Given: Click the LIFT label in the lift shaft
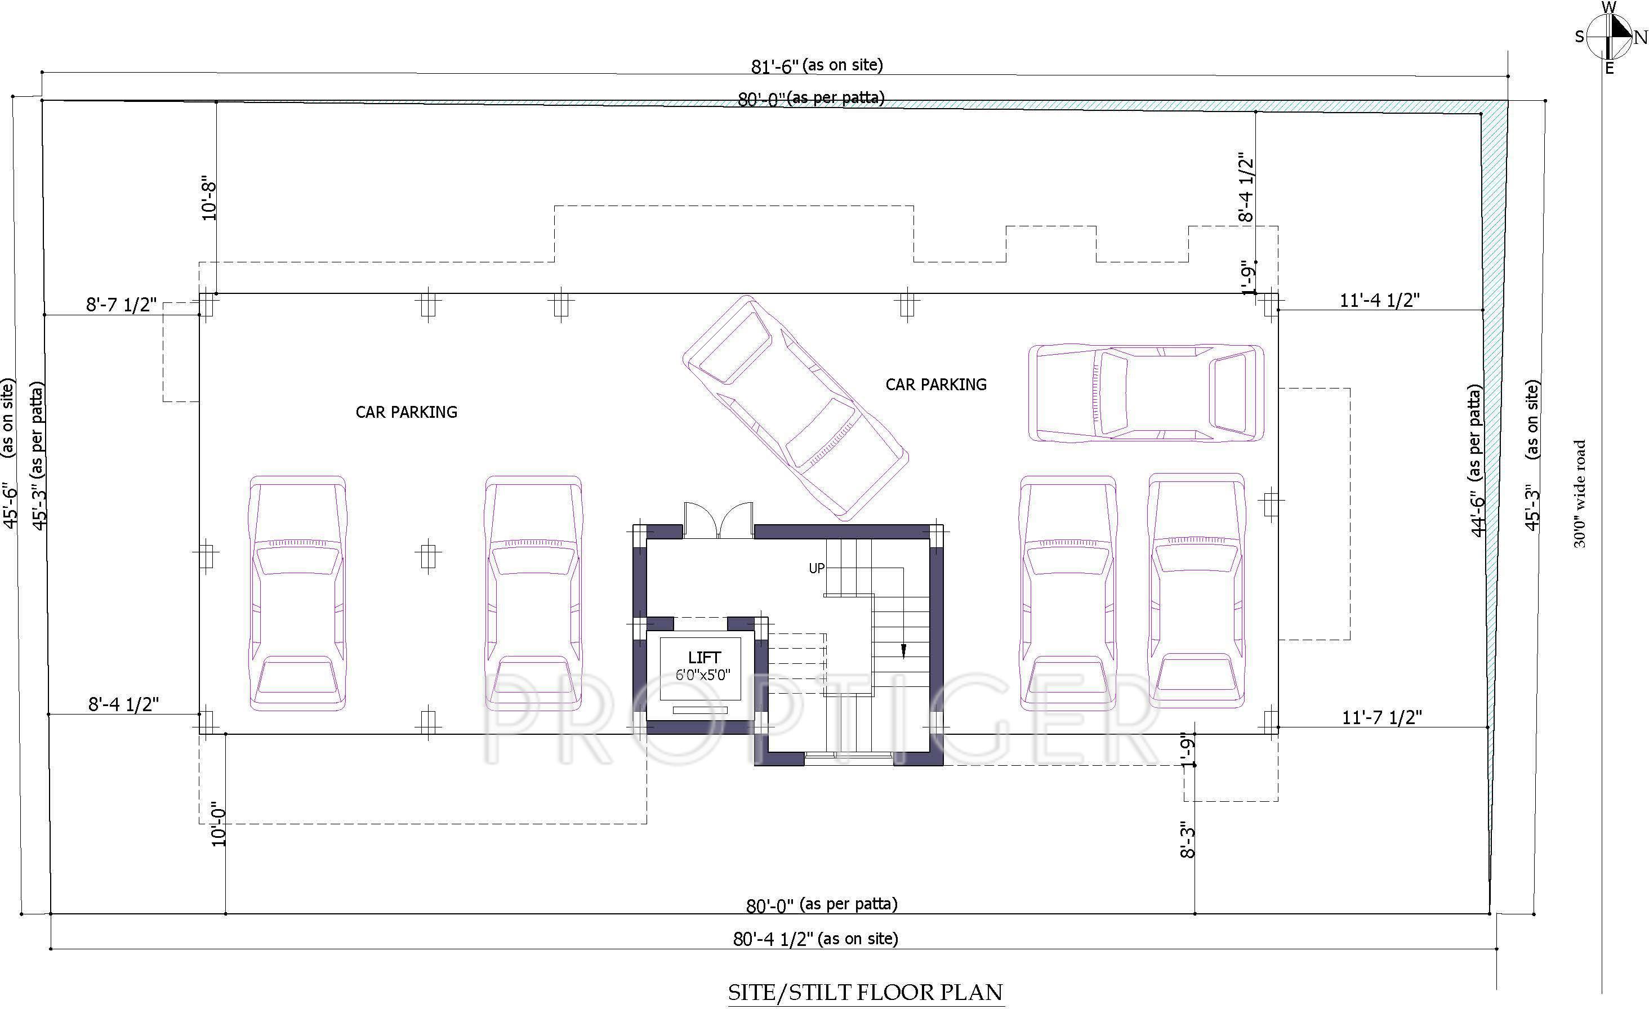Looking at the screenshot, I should coord(703,658).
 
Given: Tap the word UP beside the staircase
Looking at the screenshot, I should coord(817,568).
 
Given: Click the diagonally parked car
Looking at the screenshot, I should coord(796,408).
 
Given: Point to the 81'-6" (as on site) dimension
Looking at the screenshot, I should coord(817,65).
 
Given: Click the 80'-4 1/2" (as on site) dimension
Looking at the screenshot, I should coord(815,939).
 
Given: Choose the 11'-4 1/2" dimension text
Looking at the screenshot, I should coord(1379,301).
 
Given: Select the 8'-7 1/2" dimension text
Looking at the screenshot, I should coord(121,305).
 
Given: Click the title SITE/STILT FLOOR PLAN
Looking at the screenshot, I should coord(864,992).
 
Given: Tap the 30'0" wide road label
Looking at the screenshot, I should coord(1579,494).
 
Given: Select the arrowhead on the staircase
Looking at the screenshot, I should coord(903,650).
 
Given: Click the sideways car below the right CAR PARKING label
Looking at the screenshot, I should coord(1146,394).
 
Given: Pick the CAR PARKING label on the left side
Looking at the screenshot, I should coord(406,412).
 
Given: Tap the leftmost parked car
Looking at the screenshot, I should coord(297,593).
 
